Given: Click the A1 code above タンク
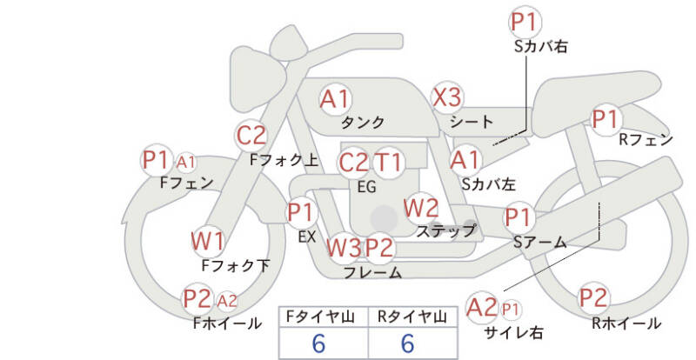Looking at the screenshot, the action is pos(335,99).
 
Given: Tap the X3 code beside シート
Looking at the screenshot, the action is pos(447,97).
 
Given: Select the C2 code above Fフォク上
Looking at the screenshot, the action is pos(251,136).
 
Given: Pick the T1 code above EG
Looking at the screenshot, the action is pos(388,163).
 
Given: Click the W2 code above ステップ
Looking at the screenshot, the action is pos(421,208).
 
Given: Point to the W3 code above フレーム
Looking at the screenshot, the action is pos(345,248).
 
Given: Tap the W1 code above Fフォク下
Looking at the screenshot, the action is pos(208,242).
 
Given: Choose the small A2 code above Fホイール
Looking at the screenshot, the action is pos(227,302).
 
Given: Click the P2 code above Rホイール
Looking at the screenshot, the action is pos(593,298).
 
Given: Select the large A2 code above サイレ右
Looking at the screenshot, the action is pos(482,307).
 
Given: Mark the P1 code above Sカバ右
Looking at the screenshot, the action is pos(525,23).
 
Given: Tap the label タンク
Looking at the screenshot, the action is pos(363,122).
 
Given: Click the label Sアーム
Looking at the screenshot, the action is pos(540,243).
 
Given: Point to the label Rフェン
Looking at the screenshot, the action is pos(646,140).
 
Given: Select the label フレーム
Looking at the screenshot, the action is pos(373,272).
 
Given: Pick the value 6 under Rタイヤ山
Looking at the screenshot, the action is pos(407,343).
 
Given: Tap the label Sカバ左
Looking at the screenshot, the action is pos(489,184).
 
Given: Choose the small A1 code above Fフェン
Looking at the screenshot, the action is pos(186,163).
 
